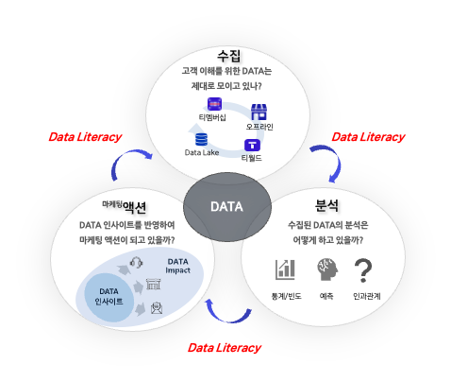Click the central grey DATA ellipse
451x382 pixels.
point(227,207)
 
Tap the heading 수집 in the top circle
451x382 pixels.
point(228,56)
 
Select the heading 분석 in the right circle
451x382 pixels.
point(326,205)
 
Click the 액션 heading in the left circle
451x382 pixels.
point(134,207)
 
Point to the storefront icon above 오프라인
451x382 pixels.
point(259,113)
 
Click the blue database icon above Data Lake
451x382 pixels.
point(201,140)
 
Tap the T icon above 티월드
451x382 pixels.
point(252,146)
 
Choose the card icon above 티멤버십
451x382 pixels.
point(214,104)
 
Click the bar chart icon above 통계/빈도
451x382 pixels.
point(285,269)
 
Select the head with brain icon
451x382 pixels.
point(327,269)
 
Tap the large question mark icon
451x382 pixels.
point(363,270)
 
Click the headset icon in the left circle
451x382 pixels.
point(137,262)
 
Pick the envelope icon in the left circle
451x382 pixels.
point(157,308)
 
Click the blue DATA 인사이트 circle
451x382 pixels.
point(109,297)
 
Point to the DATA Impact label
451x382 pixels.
point(177,266)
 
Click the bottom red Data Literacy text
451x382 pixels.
point(225,348)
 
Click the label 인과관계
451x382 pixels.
point(366,296)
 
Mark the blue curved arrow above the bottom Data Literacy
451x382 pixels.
point(228,320)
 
